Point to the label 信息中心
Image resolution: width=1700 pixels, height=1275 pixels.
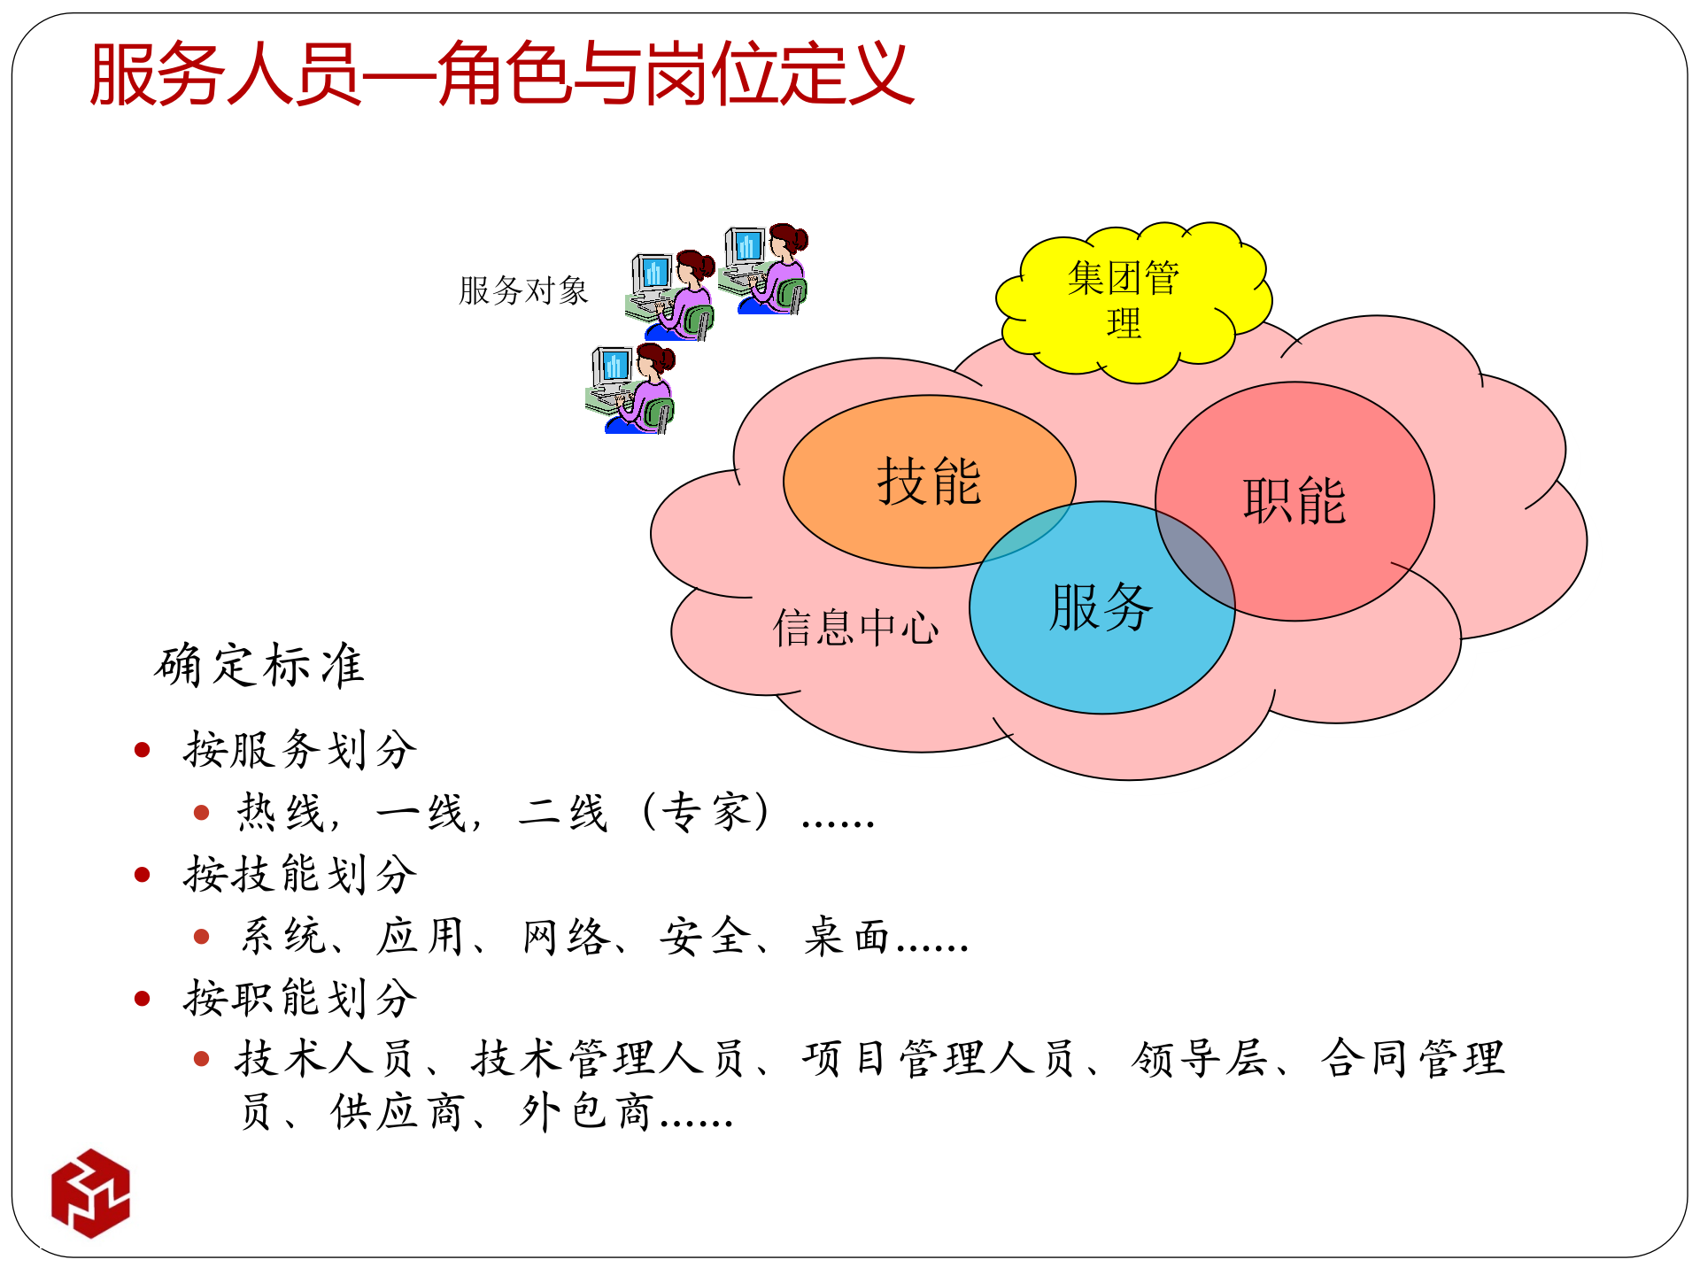[855, 628]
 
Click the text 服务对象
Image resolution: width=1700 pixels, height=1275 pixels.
[523, 290]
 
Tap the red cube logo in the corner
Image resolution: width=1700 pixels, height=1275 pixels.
[90, 1193]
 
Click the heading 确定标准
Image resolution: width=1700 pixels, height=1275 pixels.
[259, 666]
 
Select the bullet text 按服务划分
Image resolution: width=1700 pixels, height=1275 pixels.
[300, 750]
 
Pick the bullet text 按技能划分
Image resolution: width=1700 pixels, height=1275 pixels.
[300, 875]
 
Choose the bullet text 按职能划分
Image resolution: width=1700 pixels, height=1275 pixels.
[300, 999]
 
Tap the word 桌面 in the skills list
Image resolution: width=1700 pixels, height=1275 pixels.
[847, 937]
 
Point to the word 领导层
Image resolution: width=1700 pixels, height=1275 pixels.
[1200, 1059]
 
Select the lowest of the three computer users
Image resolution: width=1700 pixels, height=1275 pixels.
[630, 390]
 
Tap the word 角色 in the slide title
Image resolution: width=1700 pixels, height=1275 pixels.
[504, 74]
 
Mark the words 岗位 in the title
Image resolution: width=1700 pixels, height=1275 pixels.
[712, 74]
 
